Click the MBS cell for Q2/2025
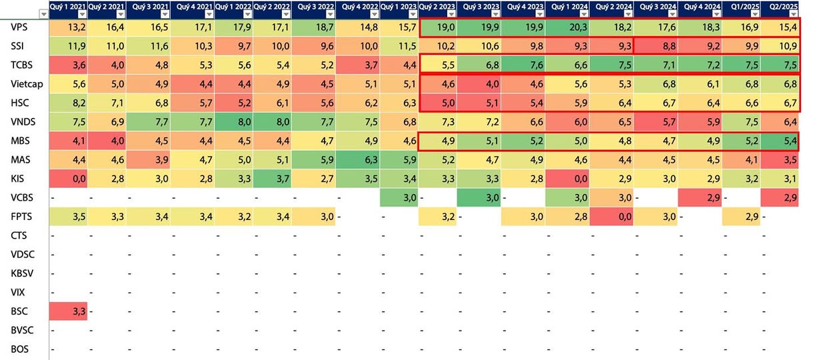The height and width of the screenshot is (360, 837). coord(780,141)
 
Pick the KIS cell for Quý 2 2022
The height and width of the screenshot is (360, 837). coord(275,179)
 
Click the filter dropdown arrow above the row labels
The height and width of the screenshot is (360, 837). coord(44,14)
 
